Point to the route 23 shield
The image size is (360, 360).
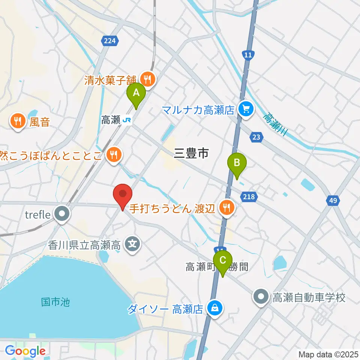(256, 137)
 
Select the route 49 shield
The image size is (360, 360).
(333, 201)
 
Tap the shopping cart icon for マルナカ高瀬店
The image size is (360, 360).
(246, 110)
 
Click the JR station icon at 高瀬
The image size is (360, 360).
(127, 120)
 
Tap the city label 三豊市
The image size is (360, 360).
(191, 153)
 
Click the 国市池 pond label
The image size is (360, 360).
(55, 301)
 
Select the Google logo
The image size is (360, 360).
(25, 351)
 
